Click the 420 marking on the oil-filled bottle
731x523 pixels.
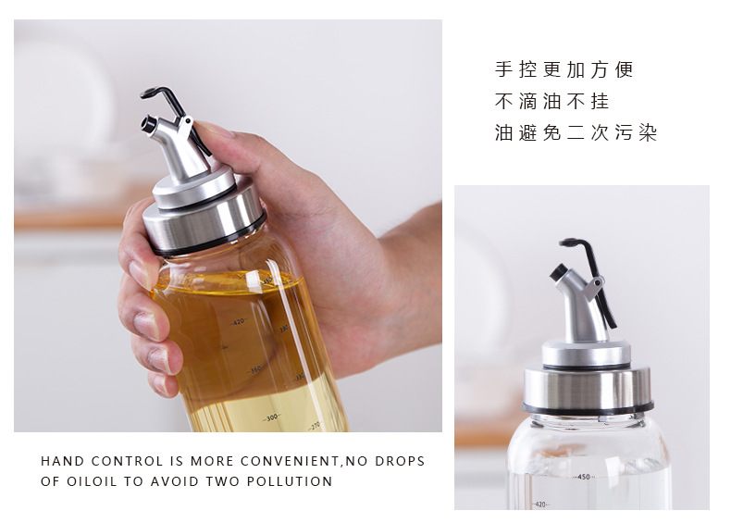[x=239, y=322]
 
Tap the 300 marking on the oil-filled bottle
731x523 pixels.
[x=271, y=418]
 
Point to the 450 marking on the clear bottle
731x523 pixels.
[x=583, y=477]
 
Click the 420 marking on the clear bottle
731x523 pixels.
[x=541, y=504]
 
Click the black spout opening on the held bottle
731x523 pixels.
[x=146, y=122]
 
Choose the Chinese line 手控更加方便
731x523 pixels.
[x=564, y=70]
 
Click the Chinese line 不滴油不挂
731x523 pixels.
[x=552, y=102]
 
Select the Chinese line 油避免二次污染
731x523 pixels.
[x=576, y=133]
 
